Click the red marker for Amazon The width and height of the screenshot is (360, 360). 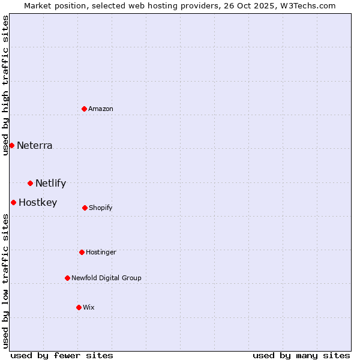click(85, 109)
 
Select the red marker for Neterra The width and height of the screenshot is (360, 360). click(11, 145)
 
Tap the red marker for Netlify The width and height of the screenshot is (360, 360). click(30, 183)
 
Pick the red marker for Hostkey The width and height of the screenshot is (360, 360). click(13, 202)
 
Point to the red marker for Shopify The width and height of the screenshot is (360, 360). click(85, 208)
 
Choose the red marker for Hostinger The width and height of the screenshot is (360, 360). click(82, 252)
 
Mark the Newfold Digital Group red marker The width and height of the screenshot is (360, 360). click(67, 278)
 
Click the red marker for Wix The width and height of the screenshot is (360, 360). click(79, 307)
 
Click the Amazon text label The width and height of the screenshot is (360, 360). click(101, 109)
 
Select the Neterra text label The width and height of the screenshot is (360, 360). click(35, 145)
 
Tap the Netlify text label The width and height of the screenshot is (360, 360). click(51, 183)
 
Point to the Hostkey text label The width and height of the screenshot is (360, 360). click(38, 202)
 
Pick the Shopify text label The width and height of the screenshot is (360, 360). click(101, 208)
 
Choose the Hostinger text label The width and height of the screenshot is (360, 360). click(101, 252)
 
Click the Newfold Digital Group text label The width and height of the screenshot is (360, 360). click(106, 278)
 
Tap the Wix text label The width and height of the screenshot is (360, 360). click(89, 307)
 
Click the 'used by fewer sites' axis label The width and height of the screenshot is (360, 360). click(62, 355)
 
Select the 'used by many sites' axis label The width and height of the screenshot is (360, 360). click(301, 355)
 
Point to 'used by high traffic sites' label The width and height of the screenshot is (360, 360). click(5, 85)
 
